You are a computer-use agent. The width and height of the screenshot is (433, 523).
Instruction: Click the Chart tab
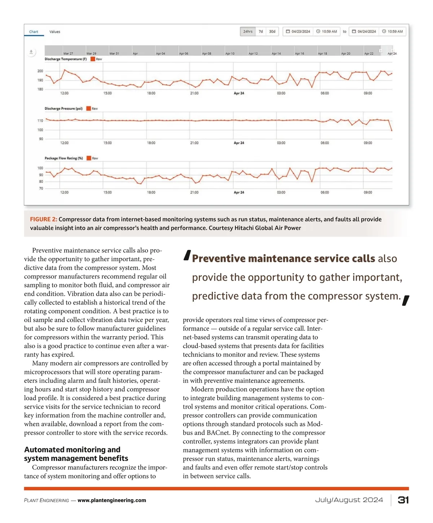(x=34, y=32)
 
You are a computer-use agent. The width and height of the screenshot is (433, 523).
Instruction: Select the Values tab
(x=55, y=32)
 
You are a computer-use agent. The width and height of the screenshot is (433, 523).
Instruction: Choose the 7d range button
(x=261, y=32)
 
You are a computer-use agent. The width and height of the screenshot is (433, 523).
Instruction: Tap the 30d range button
(x=272, y=32)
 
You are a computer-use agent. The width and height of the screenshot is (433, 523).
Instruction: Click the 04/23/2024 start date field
(x=298, y=32)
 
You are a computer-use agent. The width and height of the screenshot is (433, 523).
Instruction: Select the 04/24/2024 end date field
(x=364, y=32)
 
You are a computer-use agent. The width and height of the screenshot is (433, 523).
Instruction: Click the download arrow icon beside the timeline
(x=31, y=52)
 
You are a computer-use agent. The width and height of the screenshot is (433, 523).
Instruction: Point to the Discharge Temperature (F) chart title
(x=66, y=59)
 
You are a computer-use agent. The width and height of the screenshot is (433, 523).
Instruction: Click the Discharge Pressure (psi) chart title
(x=64, y=109)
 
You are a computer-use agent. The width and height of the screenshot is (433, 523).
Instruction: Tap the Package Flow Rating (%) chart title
(x=64, y=158)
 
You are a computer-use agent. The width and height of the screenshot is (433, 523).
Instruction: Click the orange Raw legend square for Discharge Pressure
(x=89, y=109)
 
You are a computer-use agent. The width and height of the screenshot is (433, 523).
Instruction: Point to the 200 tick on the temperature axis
(x=40, y=71)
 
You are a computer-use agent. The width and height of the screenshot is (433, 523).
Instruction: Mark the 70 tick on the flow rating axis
(x=41, y=188)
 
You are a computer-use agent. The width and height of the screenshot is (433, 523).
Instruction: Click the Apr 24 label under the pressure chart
(x=239, y=143)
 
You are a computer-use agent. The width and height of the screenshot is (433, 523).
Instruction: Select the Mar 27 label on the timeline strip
(x=68, y=54)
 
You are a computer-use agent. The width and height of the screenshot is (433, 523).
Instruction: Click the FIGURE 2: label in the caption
(x=43, y=219)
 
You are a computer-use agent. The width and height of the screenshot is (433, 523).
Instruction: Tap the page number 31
(x=403, y=500)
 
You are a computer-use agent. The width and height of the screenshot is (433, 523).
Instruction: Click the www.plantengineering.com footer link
(x=112, y=500)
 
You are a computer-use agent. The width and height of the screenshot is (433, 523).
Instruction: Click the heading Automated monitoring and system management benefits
(x=76, y=454)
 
